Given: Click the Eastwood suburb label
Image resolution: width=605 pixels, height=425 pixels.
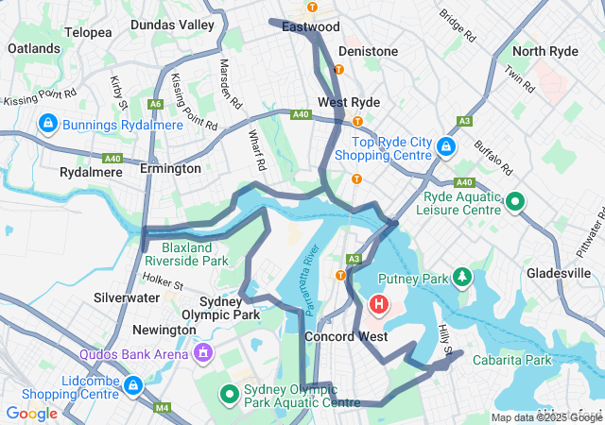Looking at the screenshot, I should coord(309,27).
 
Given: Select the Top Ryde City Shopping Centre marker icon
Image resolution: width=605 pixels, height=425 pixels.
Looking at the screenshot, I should coord(447,147).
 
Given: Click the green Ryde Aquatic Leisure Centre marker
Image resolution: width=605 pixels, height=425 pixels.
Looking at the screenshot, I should coord(515,201).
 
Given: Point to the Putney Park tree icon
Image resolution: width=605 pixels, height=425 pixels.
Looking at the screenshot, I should coord(461,278).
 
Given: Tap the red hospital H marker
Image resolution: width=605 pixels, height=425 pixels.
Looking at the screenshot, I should coord(379,305).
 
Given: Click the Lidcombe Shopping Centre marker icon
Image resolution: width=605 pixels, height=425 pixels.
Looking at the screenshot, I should coord(133,385).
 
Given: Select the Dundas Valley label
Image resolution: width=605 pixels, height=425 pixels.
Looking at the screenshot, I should coord(172,25).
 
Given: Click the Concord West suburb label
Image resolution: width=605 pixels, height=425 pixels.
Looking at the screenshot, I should coord(345,336).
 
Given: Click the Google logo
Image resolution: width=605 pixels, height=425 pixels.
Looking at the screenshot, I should coord(32,413).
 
